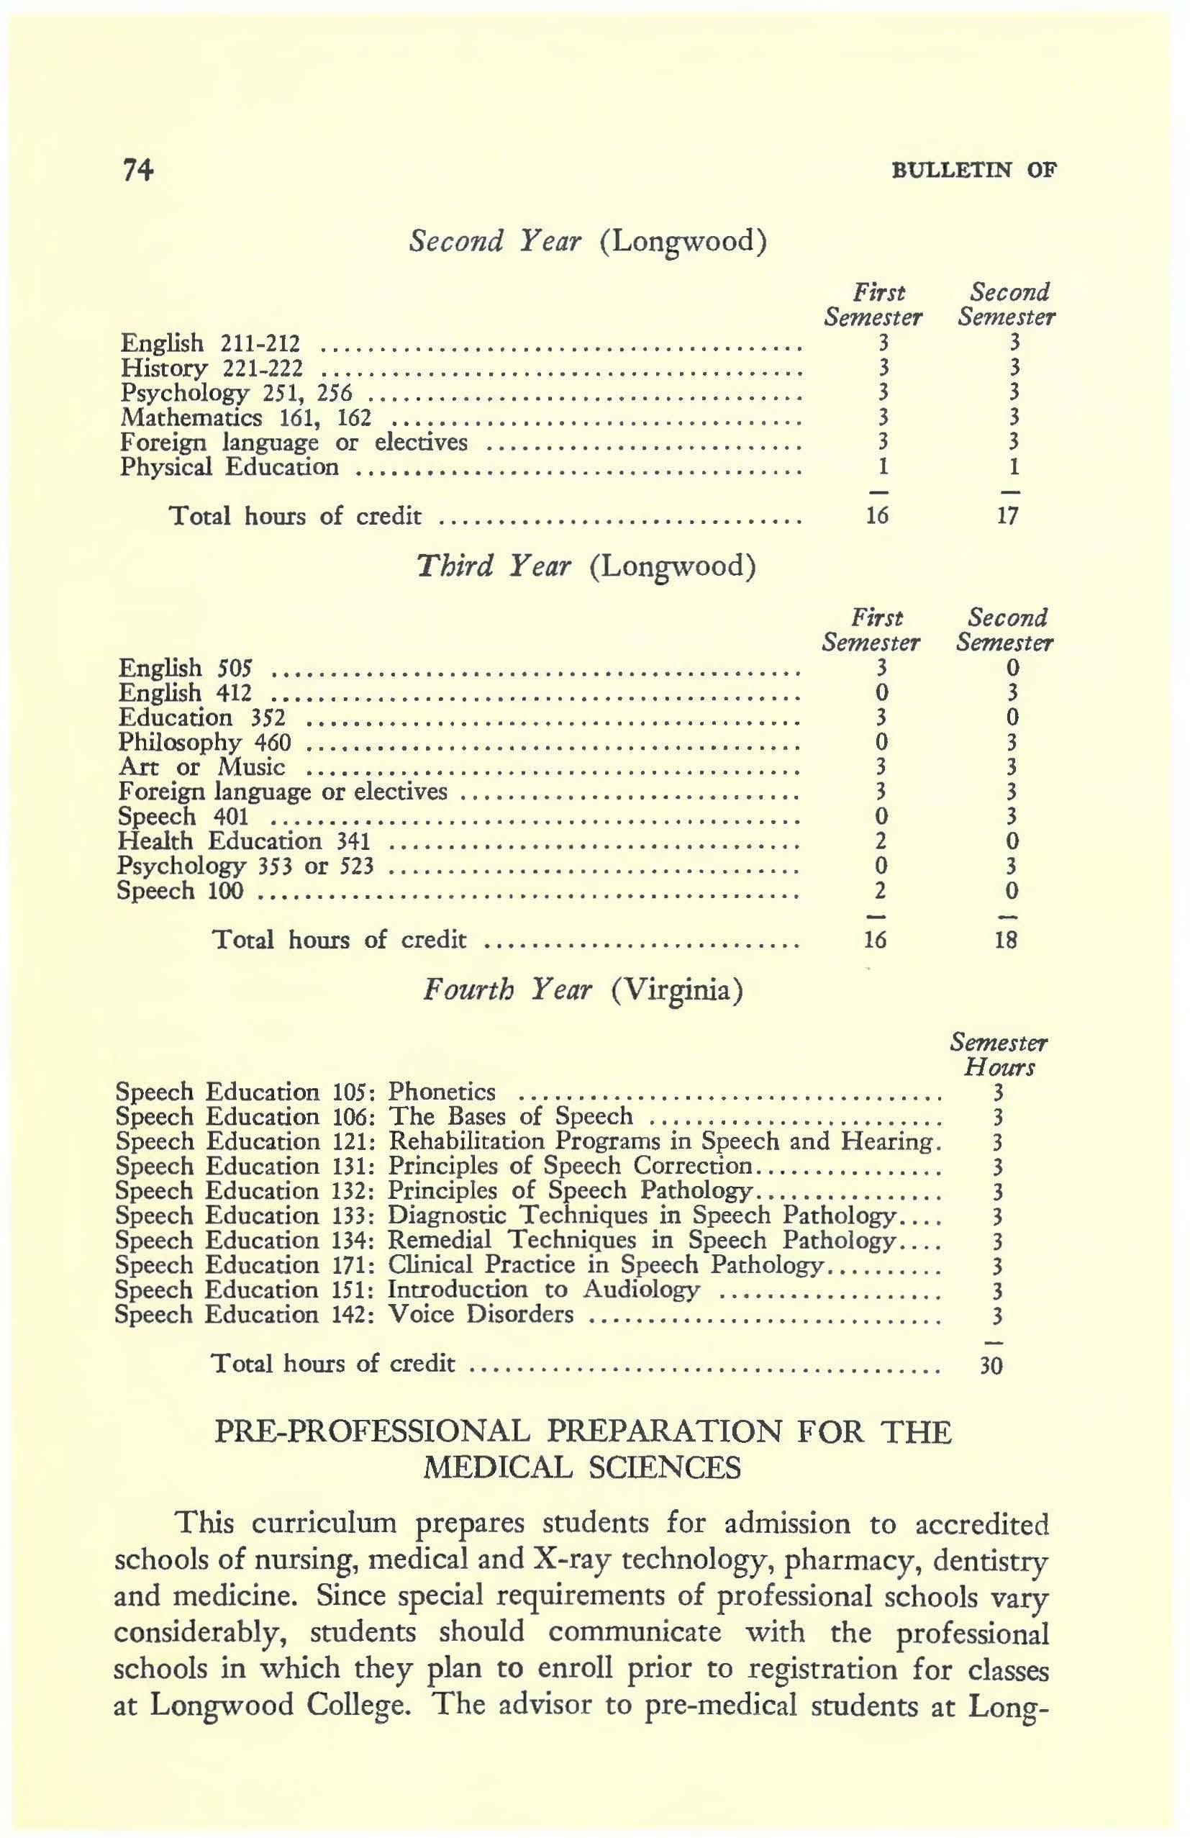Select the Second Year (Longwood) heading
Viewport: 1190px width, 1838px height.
588,242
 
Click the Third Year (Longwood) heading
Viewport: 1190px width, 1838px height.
586,566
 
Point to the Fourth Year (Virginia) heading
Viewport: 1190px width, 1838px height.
583,990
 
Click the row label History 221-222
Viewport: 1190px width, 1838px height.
212,368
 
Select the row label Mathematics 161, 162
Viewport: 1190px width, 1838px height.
245,418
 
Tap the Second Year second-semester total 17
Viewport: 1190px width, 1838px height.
1007,515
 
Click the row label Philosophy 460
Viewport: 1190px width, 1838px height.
204,742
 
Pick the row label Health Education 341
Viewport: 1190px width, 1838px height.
243,841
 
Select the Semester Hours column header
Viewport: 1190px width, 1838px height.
999,1055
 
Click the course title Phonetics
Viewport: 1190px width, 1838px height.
441,1092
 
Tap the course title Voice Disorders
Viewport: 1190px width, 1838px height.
481,1314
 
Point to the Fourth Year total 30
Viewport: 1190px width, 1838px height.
991,1367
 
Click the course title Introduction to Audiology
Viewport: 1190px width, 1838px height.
543,1290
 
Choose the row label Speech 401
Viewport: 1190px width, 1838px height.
183,816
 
